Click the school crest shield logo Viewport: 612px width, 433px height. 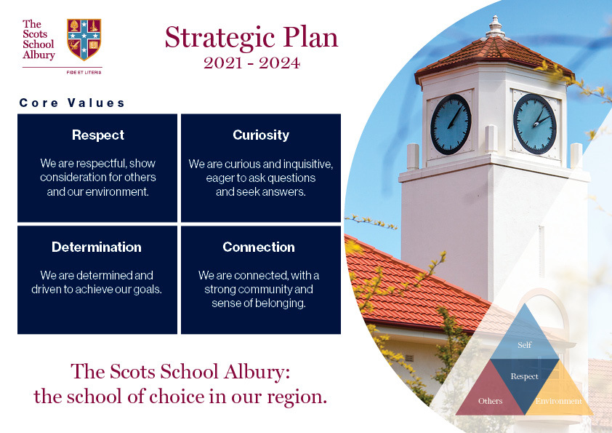84,39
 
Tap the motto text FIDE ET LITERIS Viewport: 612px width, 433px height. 84,72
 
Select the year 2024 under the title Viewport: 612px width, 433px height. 279,63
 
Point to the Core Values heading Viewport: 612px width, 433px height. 72,103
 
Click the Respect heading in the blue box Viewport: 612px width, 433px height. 98,135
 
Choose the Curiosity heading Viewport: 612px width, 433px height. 261,135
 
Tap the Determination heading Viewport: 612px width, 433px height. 97,247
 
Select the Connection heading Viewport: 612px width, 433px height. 259,247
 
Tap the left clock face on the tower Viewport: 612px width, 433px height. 451,124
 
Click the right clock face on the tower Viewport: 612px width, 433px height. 534,124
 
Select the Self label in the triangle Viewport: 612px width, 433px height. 524,345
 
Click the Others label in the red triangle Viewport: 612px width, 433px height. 490,401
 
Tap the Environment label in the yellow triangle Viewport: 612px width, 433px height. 558,401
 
